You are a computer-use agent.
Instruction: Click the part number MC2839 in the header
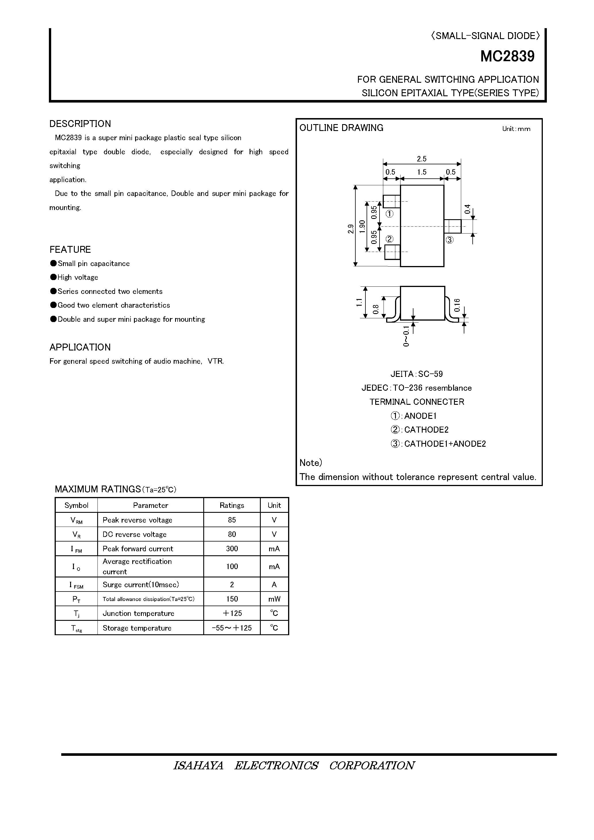click(507, 56)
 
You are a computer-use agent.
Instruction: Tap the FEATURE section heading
click(70, 250)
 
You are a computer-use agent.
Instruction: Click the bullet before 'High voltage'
click(53, 277)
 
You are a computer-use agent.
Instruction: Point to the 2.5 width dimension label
click(421, 159)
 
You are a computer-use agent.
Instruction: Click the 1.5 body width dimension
click(422, 172)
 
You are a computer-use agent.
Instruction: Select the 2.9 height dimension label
click(351, 229)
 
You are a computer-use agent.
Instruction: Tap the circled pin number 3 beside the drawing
click(449, 240)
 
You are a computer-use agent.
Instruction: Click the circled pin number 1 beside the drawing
click(389, 214)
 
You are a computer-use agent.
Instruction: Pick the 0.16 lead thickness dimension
click(457, 305)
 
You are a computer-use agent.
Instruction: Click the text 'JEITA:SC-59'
click(416, 374)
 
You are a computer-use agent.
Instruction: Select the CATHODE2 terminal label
click(426, 429)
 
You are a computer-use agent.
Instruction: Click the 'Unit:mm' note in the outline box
click(516, 129)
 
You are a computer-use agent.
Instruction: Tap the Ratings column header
click(231, 505)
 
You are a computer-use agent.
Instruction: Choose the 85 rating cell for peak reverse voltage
click(231, 520)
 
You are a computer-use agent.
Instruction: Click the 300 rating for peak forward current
click(231, 549)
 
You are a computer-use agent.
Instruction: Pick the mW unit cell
click(274, 599)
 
